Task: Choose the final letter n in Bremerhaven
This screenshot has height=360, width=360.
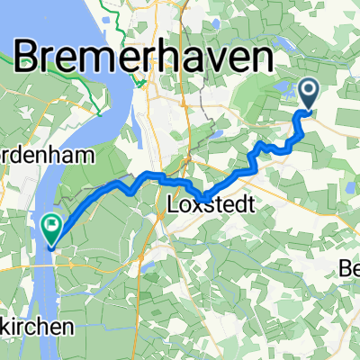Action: [x=262, y=60]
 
